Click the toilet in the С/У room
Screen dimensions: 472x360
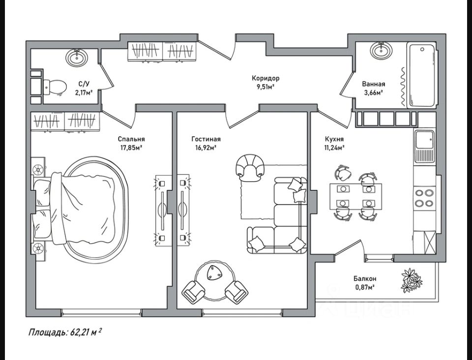pos(55,87)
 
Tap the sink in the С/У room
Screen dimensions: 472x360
pos(77,57)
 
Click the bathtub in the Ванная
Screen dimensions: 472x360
pos(421,75)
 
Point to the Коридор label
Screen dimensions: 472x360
pos(265,78)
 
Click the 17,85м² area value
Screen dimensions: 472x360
pos(131,148)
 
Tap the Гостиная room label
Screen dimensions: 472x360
pos(206,139)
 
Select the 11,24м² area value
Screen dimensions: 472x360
pos(334,148)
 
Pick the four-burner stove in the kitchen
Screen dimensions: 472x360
pos(424,198)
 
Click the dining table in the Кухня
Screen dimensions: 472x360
pos(356,196)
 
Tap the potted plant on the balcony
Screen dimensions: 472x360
pos(411,280)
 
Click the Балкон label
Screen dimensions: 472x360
pos(365,279)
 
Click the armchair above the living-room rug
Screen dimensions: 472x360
pos(250,168)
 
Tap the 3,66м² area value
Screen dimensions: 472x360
pos(373,92)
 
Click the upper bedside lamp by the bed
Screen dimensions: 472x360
pos(38,170)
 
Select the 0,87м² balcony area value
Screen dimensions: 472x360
pos(365,287)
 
